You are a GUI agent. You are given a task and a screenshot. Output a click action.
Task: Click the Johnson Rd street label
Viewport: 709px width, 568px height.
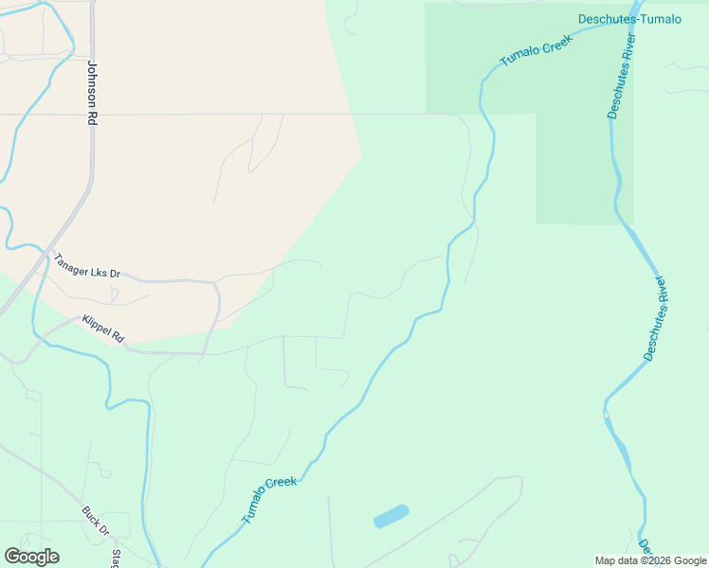(x=92, y=95)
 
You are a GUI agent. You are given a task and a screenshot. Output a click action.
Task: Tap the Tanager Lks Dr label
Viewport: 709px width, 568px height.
(x=87, y=266)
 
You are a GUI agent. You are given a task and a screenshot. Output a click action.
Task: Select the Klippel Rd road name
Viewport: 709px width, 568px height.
(x=103, y=328)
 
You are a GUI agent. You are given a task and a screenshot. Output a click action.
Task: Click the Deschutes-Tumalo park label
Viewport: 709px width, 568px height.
(x=629, y=19)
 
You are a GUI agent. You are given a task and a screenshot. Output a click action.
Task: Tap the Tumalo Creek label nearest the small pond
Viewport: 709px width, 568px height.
(x=269, y=499)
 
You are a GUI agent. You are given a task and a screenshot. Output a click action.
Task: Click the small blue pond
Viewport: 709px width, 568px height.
(x=391, y=516)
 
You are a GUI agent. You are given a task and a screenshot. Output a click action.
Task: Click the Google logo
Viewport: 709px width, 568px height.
(x=31, y=557)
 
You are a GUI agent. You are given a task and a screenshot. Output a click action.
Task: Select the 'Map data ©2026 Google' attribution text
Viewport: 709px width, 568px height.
(x=649, y=560)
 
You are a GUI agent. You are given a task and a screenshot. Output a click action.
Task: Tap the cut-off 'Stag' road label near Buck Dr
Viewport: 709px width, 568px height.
(x=116, y=557)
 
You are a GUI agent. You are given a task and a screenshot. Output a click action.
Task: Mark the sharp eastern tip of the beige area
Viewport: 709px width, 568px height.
(x=361, y=154)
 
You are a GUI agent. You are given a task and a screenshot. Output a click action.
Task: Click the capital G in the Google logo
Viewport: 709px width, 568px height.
(x=12, y=557)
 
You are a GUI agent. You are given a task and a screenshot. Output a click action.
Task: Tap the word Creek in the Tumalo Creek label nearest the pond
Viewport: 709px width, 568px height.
(x=282, y=486)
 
